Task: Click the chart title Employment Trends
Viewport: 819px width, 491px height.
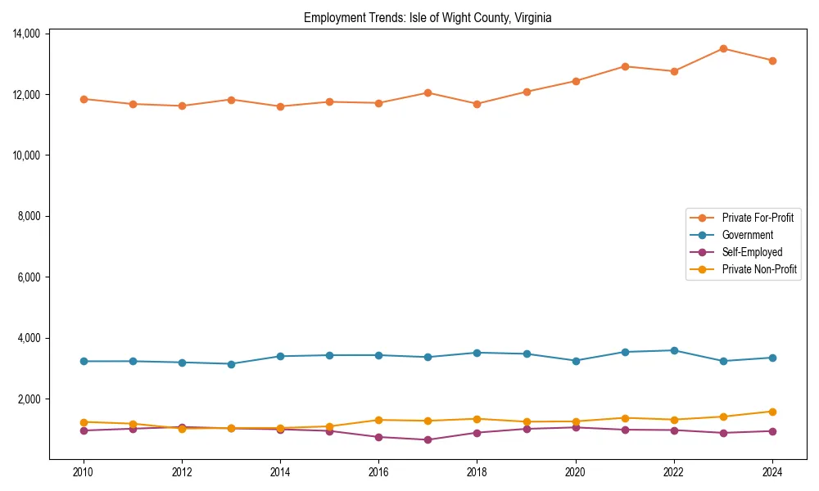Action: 428,17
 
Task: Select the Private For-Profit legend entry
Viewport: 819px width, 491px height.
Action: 758,218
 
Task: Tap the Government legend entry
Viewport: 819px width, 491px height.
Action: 747,235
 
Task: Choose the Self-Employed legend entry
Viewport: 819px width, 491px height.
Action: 752,252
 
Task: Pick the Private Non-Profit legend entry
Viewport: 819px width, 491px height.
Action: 759,269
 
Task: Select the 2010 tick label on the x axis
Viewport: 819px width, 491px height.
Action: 83,472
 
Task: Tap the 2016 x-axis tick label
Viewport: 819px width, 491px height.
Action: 378,472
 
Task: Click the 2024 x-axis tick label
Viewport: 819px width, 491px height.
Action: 772,472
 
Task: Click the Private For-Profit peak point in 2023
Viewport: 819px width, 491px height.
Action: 723,48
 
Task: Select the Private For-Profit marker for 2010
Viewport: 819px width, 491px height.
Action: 83,99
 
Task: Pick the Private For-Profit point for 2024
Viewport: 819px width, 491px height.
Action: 772,61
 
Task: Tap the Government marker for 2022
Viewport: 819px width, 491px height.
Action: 674,350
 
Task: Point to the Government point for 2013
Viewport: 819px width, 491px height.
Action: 231,364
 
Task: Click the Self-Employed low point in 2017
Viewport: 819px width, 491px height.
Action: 428,440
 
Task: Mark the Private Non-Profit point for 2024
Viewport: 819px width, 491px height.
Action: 772,412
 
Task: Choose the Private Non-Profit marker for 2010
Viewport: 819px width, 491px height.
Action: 83,422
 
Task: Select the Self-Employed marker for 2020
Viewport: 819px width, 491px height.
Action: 576,427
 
